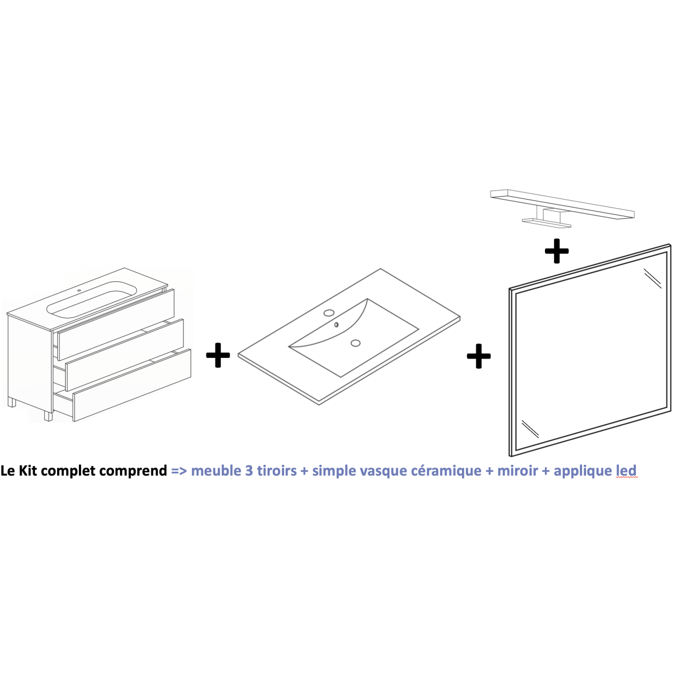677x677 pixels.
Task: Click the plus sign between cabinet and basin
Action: (218, 355)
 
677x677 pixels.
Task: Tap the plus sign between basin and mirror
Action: (479, 356)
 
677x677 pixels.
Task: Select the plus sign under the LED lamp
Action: (557, 251)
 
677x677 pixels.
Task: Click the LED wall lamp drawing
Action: (562, 208)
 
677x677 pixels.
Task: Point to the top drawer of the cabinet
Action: (116, 324)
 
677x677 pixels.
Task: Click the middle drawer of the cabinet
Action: (124, 355)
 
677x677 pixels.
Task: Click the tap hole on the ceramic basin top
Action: (329, 313)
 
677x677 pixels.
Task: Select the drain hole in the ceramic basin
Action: (356, 343)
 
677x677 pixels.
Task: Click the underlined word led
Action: (626, 471)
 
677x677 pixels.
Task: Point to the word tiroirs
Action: (277, 471)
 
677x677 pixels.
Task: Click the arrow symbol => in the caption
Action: (179, 471)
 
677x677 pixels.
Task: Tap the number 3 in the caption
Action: (249, 471)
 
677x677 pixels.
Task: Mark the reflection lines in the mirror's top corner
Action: (652, 278)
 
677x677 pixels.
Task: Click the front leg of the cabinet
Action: (48, 416)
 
